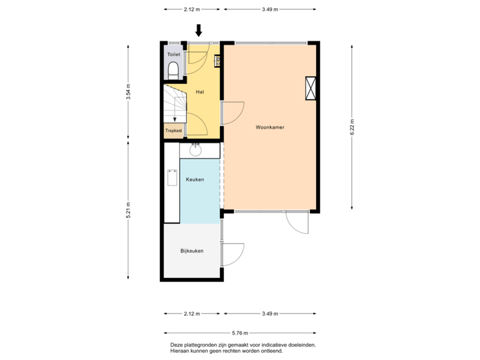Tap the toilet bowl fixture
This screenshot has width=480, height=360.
tap(173, 69)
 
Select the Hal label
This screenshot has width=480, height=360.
tap(199, 91)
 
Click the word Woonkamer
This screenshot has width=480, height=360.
tap(270, 126)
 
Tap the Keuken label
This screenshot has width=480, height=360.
tap(195, 180)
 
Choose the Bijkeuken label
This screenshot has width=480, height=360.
tap(191, 251)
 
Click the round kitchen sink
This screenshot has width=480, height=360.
tap(196, 151)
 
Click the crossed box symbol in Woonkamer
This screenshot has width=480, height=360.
tap(311, 89)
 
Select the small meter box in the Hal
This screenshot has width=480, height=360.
tap(217, 61)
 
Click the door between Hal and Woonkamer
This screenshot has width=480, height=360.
tap(233, 113)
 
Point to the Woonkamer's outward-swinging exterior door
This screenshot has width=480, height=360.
tap(297, 223)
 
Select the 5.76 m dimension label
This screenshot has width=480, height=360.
tap(239, 333)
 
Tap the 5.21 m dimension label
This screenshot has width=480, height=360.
tap(128, 211)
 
